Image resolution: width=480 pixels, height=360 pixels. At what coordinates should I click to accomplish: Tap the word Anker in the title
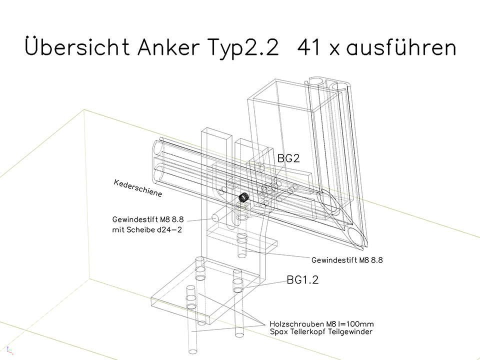168,47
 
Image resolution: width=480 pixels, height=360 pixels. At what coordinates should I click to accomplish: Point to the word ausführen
401,47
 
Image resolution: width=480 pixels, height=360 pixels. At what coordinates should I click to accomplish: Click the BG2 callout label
288,158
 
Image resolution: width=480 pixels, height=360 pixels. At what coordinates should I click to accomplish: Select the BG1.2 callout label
302,280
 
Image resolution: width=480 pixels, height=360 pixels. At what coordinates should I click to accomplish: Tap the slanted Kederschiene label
138,188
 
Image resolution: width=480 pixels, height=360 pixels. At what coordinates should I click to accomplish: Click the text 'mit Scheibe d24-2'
147,229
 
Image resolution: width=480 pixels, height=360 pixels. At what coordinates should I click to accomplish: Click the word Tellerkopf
307,331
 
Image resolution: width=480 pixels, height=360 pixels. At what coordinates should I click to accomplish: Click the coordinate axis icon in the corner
10,350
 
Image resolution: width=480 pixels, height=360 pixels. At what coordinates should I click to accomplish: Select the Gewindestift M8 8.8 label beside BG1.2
347,260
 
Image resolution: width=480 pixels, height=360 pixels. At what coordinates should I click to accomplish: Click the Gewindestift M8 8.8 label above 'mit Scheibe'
148,219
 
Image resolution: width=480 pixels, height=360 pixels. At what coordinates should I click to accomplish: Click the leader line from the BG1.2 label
266,284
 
